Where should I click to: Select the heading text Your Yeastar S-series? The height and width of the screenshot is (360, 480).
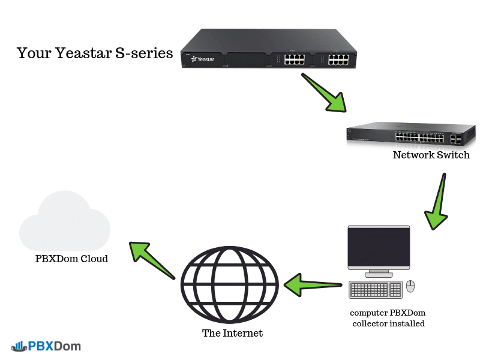point(95,53)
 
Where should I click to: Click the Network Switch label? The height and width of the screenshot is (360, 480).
point(431,155)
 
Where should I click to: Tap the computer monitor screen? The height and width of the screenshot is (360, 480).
point(379,247)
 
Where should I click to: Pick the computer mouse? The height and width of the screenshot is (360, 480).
point(410,286)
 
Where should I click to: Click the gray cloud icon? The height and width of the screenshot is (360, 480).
point(65,224)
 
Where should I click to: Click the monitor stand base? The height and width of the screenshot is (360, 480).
point(378,274)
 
